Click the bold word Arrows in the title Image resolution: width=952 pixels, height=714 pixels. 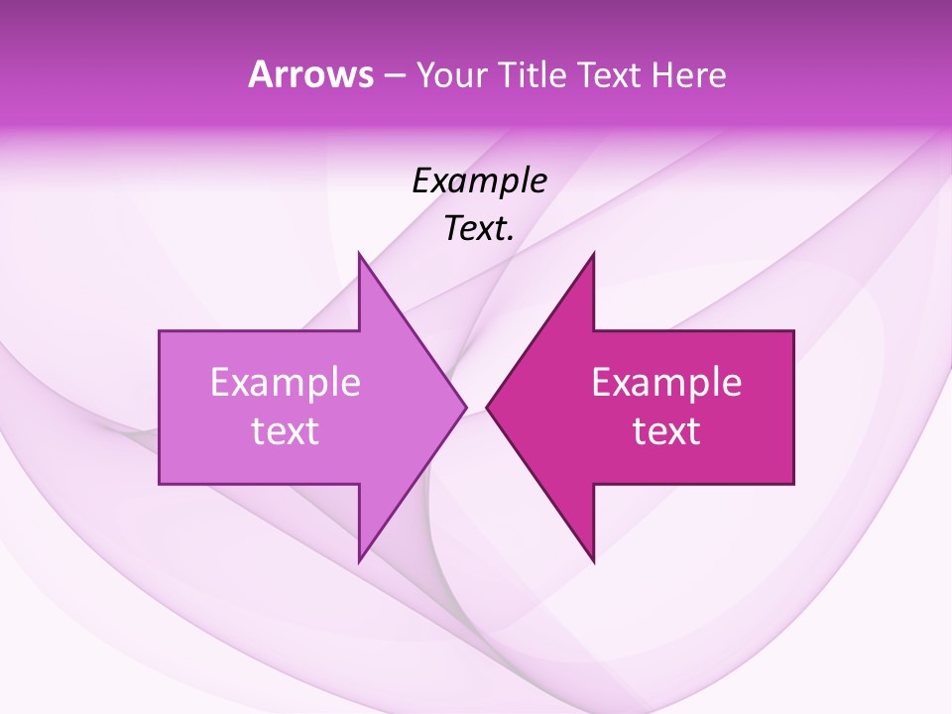tap(309, 75)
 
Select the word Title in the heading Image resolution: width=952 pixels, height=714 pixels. tap(533, 75)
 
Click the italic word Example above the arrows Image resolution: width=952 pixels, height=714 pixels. tap(479, 181)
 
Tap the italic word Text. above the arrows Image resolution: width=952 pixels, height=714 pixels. tap(479, 229)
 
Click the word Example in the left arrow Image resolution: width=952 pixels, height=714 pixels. tap(286, 383)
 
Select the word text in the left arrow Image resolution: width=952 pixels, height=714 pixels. tap(286, 431)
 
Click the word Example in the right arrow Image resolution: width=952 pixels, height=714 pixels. tap(666, 383)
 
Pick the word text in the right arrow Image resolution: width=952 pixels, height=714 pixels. tap(666, 431)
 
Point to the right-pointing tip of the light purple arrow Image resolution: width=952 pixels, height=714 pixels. tap(466, 407)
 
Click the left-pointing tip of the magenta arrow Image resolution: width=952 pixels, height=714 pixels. tap(487, 407)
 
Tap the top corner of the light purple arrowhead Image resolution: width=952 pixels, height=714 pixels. tap(359, 254)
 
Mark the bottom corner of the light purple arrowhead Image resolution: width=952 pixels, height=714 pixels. tap(359, 561)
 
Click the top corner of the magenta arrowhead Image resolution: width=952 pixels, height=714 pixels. tap(593, 254)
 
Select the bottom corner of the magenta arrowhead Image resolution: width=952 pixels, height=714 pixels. tap(593, 561)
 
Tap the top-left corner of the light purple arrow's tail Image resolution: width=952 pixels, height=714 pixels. tap(160, 331)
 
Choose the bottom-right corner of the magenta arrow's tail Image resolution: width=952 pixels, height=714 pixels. tap(793, 484)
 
